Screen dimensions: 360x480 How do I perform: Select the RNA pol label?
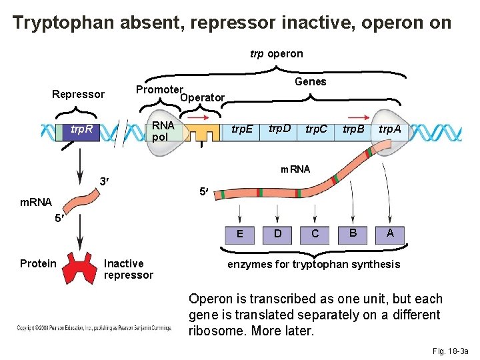point(163,131)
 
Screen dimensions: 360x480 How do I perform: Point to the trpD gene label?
point(279,127)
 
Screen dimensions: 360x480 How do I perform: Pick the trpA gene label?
point(390,129)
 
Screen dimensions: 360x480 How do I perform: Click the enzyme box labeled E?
point(240,234)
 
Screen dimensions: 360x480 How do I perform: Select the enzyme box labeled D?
point(277,233)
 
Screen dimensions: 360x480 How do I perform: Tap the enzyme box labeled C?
point(315,233)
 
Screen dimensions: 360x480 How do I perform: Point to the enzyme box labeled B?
point(353,233)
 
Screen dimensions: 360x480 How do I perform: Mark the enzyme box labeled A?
point(390,233)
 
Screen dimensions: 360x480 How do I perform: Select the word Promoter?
point(159,89)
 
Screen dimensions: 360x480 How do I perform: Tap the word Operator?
point(203,97)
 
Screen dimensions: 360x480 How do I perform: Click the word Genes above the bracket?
point(310,81)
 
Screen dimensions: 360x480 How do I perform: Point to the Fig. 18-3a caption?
point(451,351)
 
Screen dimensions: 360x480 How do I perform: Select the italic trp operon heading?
point(276,53)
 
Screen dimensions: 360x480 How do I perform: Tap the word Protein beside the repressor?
point(38,263)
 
